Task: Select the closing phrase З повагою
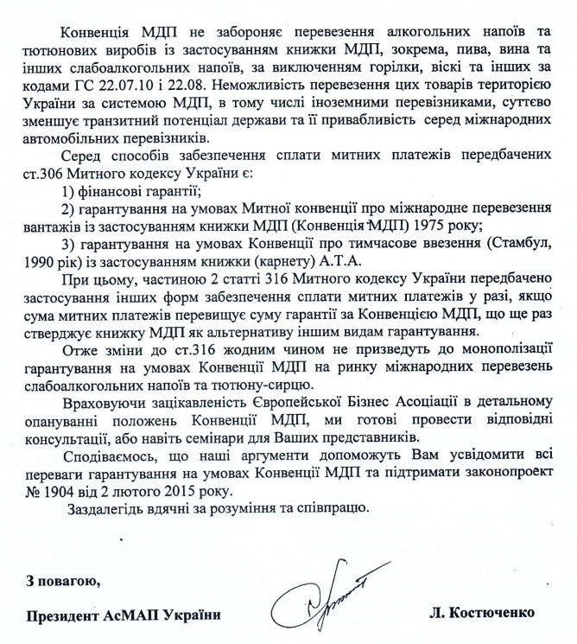60,579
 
